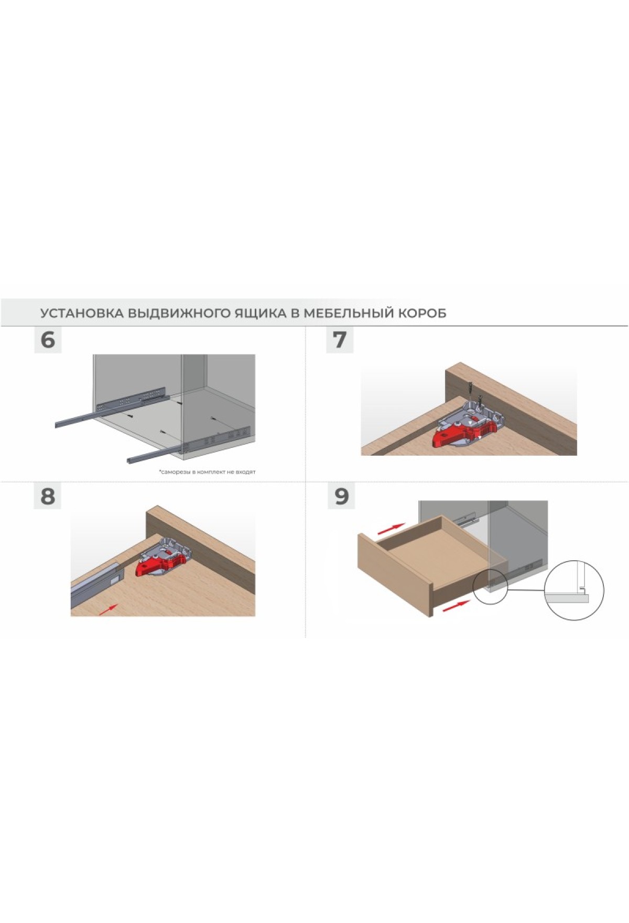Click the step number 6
pos(48,340)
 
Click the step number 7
pos(340,340)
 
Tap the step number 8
pos(48,496)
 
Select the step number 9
pos(341,496)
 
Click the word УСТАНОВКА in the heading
pos(82,313)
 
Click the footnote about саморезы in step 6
pos(208,472)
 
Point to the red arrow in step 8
pos(108,608)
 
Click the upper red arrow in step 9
pos(392,528)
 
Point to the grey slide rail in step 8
pos(97,583)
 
